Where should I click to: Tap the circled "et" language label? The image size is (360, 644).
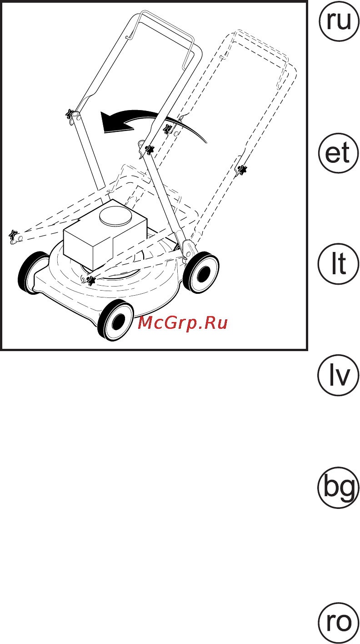click(x=339, y=153)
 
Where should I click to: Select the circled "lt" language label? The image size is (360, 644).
click(x=339, y=263)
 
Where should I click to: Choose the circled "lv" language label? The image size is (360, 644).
click(x=339, y=376)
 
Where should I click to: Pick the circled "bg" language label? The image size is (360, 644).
click(x=339, y=487)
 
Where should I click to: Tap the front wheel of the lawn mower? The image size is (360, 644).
click(x=115, y=320)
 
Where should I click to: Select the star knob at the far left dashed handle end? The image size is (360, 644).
click(x=13, y=235)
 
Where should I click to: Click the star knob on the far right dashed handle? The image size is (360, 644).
click(x=242, y=169)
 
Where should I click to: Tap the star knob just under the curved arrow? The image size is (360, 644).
click(x=167, y=129)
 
